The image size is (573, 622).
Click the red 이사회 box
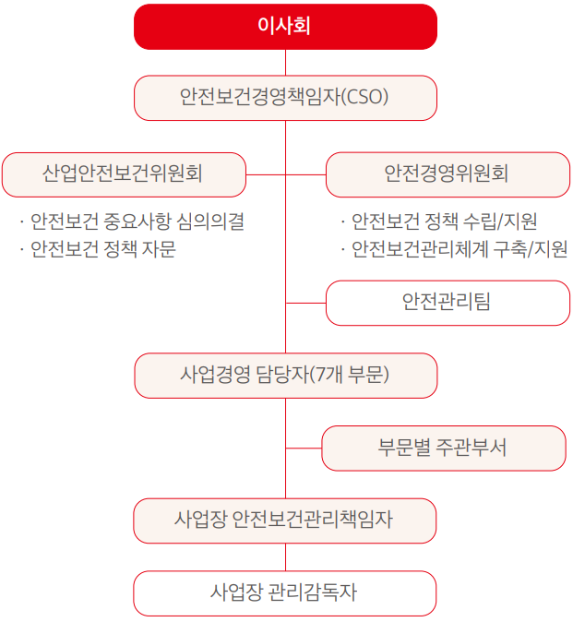point(285,26)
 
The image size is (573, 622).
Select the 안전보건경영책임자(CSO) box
point(285,98)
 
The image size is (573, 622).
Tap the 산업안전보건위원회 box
point(124,174)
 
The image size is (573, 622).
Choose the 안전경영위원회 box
point(448,174)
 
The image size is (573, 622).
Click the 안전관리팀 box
point(448,303)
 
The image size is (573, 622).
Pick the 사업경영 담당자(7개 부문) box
point(285,375)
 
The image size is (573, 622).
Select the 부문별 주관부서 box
point(443,448)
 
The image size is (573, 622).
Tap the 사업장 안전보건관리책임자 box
point(285,520)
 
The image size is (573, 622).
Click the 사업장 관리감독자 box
point(285,592)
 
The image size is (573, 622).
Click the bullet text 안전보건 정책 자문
point(102,250)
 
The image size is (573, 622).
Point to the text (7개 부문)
point(350,375)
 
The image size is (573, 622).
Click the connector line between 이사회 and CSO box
point(285,62)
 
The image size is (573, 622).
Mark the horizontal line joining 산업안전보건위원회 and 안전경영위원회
point(286,174)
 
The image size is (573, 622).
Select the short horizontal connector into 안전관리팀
point(305,303)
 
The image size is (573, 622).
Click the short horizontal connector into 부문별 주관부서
point(303,448)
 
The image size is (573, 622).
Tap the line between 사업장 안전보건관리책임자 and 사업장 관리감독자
point(285,556)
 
